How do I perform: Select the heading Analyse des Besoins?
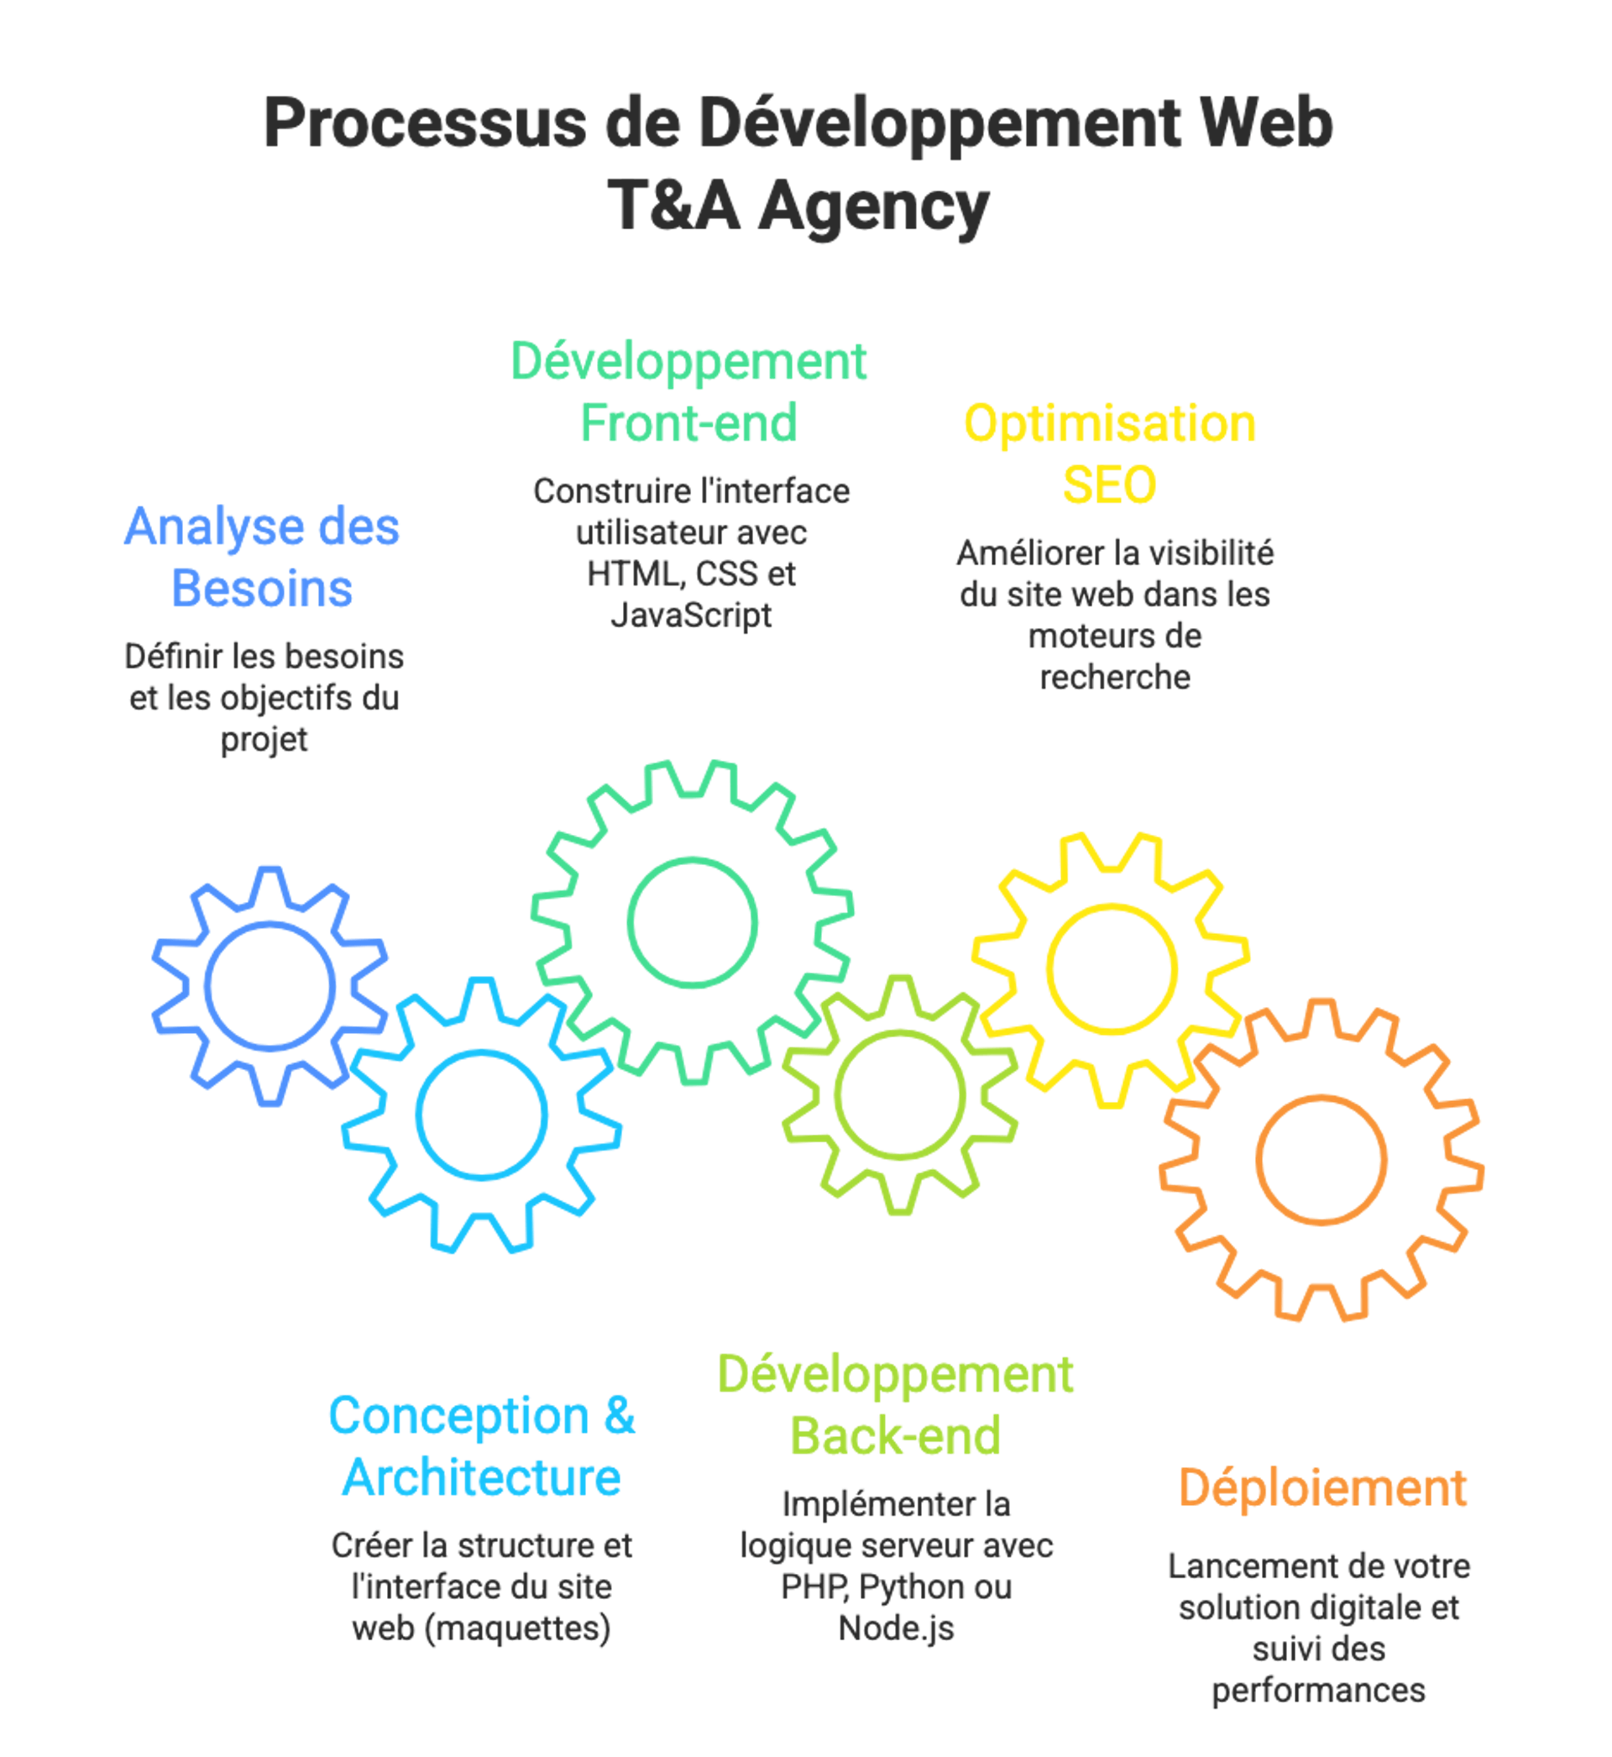click(x=262, y=559)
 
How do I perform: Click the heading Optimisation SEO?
click(x=1109, y=454)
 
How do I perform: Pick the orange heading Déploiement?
click(x=1322, y=1488)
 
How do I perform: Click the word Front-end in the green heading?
click(x=688, y=424)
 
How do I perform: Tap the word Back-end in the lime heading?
click(x=895, y=1436)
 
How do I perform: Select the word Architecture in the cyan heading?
click(x=480, y=1478)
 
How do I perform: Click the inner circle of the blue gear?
click(x=270, y=986)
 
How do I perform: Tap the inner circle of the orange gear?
click(x=1322, y=1159)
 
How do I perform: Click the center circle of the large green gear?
click(x=692, y=922)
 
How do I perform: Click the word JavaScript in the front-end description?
click(x=691, y=615)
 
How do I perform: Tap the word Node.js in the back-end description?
click(x=896, y=1628)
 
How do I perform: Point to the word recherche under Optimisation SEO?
click(x=1115, y=677)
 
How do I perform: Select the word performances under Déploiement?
click(x=1317, y=1691)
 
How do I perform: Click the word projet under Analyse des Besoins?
click(x=264, y=740)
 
